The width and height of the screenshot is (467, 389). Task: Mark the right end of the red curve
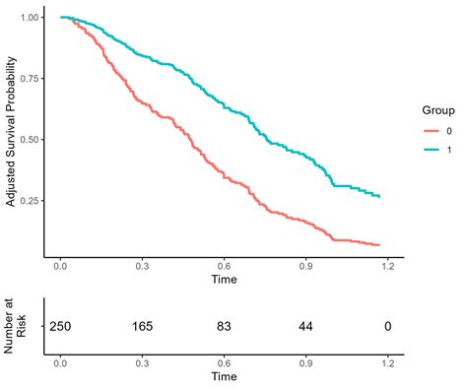tap(379, 244)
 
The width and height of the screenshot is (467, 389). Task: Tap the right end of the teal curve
tap(379, 197)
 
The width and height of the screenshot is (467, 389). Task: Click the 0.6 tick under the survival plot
tap(225, 265)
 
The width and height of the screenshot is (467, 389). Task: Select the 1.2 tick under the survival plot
tap(388, 265)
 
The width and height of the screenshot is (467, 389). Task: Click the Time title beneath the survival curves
tap(224, 279)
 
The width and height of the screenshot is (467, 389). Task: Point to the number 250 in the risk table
tap(61, 325)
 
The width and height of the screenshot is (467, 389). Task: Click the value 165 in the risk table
tap(143, 325)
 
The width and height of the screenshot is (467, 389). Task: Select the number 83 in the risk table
tap(225, 325)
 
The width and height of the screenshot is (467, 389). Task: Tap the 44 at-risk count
tap(306, 325)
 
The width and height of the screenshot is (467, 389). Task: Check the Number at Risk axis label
tap(18, 325)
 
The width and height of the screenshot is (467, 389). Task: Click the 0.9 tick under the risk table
tap(306, 362)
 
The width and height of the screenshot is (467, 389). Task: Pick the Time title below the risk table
tap(224, 377)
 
